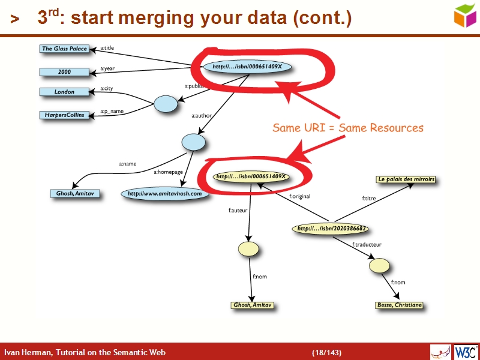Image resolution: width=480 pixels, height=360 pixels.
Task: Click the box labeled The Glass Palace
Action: click(x=64, y=49)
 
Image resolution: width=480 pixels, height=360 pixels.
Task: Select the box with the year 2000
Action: click(x=64, y=72)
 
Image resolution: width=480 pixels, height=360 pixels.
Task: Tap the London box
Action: click(x=64, y=92)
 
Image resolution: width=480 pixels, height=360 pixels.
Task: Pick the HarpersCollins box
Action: click(x=64, y=114)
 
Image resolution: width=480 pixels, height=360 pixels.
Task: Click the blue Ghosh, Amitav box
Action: click(x=75, y=194)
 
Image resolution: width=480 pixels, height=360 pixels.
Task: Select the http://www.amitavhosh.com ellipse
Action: click(x=164, y=194)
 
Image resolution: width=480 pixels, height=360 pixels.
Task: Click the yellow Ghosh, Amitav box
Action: click(x=253, y=305)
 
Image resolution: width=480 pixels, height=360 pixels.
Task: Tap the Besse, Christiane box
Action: click(x=399, y=305)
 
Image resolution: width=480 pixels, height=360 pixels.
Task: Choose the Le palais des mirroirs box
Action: click(x=406, y=179)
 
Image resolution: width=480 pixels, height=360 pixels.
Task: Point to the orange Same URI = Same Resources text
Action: click(x=348, y=128)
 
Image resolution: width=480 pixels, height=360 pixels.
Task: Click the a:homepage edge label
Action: click(x=168, y=172)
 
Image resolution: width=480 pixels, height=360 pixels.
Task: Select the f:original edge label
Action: click(x=299, y=196)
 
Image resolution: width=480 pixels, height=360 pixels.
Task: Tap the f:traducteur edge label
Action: click(x=367, y=244)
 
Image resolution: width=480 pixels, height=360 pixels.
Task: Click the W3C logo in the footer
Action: click(x=466, y=352)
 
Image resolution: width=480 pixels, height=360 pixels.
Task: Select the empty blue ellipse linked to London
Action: click(x=166, y=104)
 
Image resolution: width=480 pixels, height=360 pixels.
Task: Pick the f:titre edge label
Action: click(x=369, y=197)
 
